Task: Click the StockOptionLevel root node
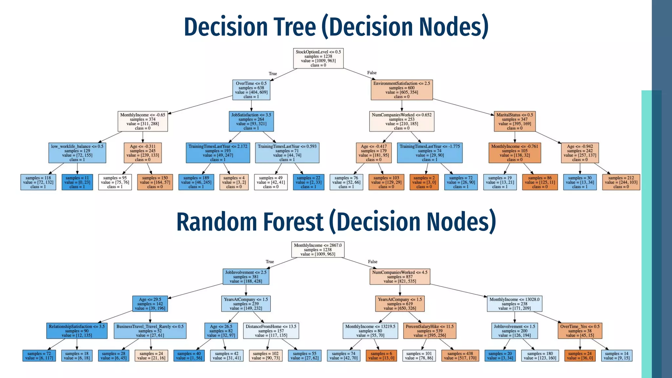pyautogui.click(x=318, y=58)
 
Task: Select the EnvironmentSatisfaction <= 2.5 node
pyautogui.click(x=402, y=90)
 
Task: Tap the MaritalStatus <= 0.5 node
pyautogui.click(x=514, y=121)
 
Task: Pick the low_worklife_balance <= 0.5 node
pyautogui.click(x=77, y=153)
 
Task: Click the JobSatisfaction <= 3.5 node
pyautogui.click(x=251, y=121)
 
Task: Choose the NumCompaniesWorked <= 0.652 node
pyautogui.click(x=402, y=121)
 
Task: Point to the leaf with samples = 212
pyautogui.click(x=621, y=182)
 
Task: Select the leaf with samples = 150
pyautogui.click(x=155, y=182)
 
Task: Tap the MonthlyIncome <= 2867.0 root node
pyautogui.click(x=318, y=250)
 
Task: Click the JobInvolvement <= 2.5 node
pyautogui.click(x=246, y=277)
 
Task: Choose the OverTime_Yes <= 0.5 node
pyautogui.click(x=580, y=331)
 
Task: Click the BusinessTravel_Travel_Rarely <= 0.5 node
pyautogui.click(x=150, y=331)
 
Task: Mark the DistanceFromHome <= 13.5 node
pyautogui.click(x=271, y=331)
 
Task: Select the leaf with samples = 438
pyautogui.click(x=460, y=356)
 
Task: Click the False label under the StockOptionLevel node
pyautogui.click(x=372, y=73)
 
